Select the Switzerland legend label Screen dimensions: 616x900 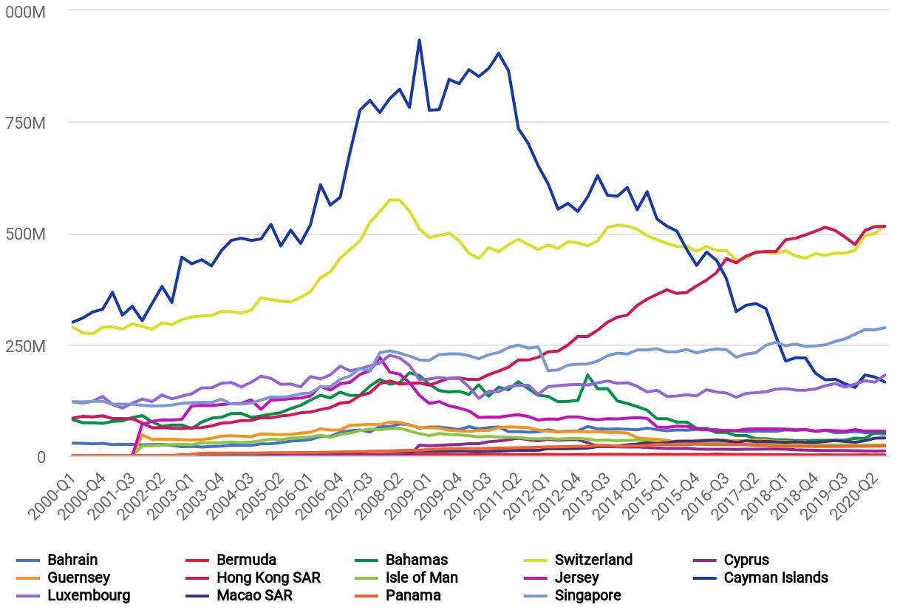(593, 560)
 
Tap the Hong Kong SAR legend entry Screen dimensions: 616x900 (268, 578)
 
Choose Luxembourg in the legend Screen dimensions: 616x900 (89, 595)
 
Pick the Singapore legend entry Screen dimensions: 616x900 (587, 595)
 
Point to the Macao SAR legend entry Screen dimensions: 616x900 (254, 595)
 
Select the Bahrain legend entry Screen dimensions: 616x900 (72, 560)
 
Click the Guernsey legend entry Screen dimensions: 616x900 (78, 578)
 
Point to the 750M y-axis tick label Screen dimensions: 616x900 (25, 123)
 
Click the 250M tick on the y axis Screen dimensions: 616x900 (25, 346)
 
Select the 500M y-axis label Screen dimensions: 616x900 (25, 234)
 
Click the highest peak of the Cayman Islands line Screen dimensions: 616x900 (420, 40)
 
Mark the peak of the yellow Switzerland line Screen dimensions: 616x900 (395, 200)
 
